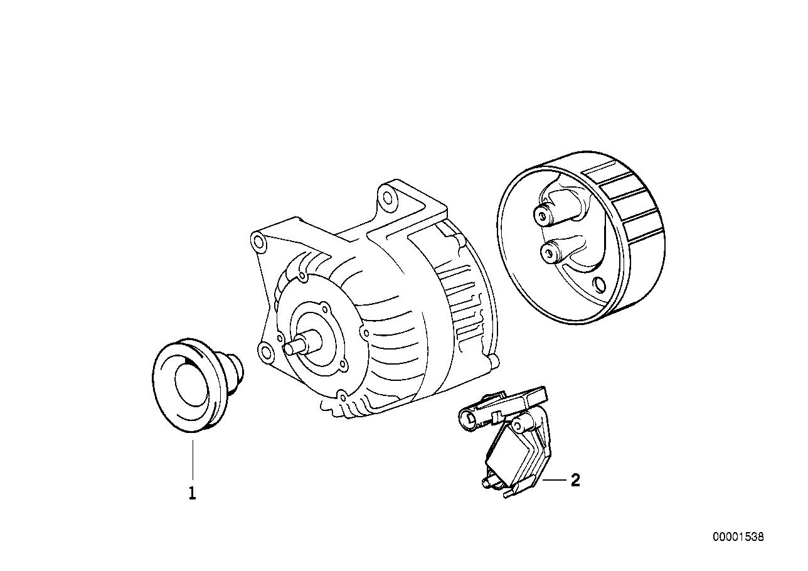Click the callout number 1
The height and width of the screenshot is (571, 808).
193,494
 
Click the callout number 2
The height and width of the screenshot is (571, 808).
575,481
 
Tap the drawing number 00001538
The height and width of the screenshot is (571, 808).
738,537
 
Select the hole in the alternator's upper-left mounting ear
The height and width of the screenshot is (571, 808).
257,240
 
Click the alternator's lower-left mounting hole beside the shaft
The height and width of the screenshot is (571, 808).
265,350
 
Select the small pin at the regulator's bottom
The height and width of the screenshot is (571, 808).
485,482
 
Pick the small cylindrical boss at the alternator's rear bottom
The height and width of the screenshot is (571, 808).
493,361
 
